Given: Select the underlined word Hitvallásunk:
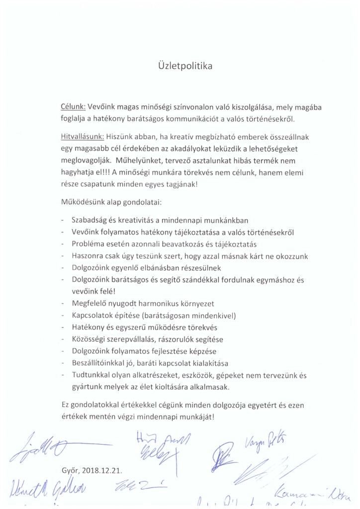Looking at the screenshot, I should click(81, 136).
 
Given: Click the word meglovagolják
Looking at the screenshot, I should click(83, 160).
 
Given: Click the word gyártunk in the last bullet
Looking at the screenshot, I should click(86, 387).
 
